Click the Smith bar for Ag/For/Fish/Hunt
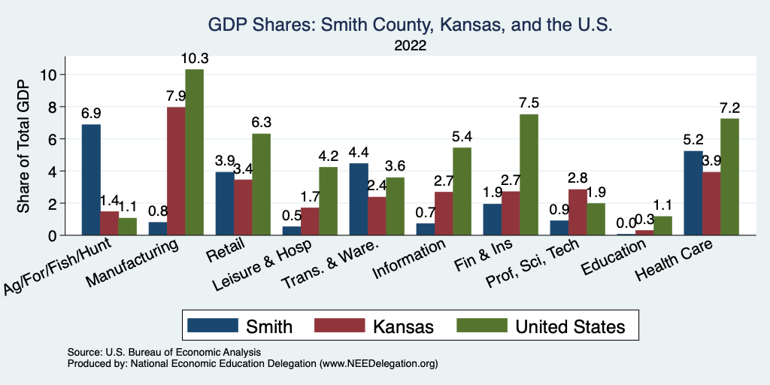[91, 180]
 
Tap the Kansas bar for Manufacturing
[176, 171]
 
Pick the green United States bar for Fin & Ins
[529, 174]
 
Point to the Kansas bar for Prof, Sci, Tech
[577, 212]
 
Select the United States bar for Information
[462, 191]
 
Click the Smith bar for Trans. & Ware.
[359, 199]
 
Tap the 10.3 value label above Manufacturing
[194, 59]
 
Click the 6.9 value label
[91, 114]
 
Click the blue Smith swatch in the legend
[211, 326]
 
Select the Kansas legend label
[403, 326]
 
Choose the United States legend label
[570, 326]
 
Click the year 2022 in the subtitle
[409, 46]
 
